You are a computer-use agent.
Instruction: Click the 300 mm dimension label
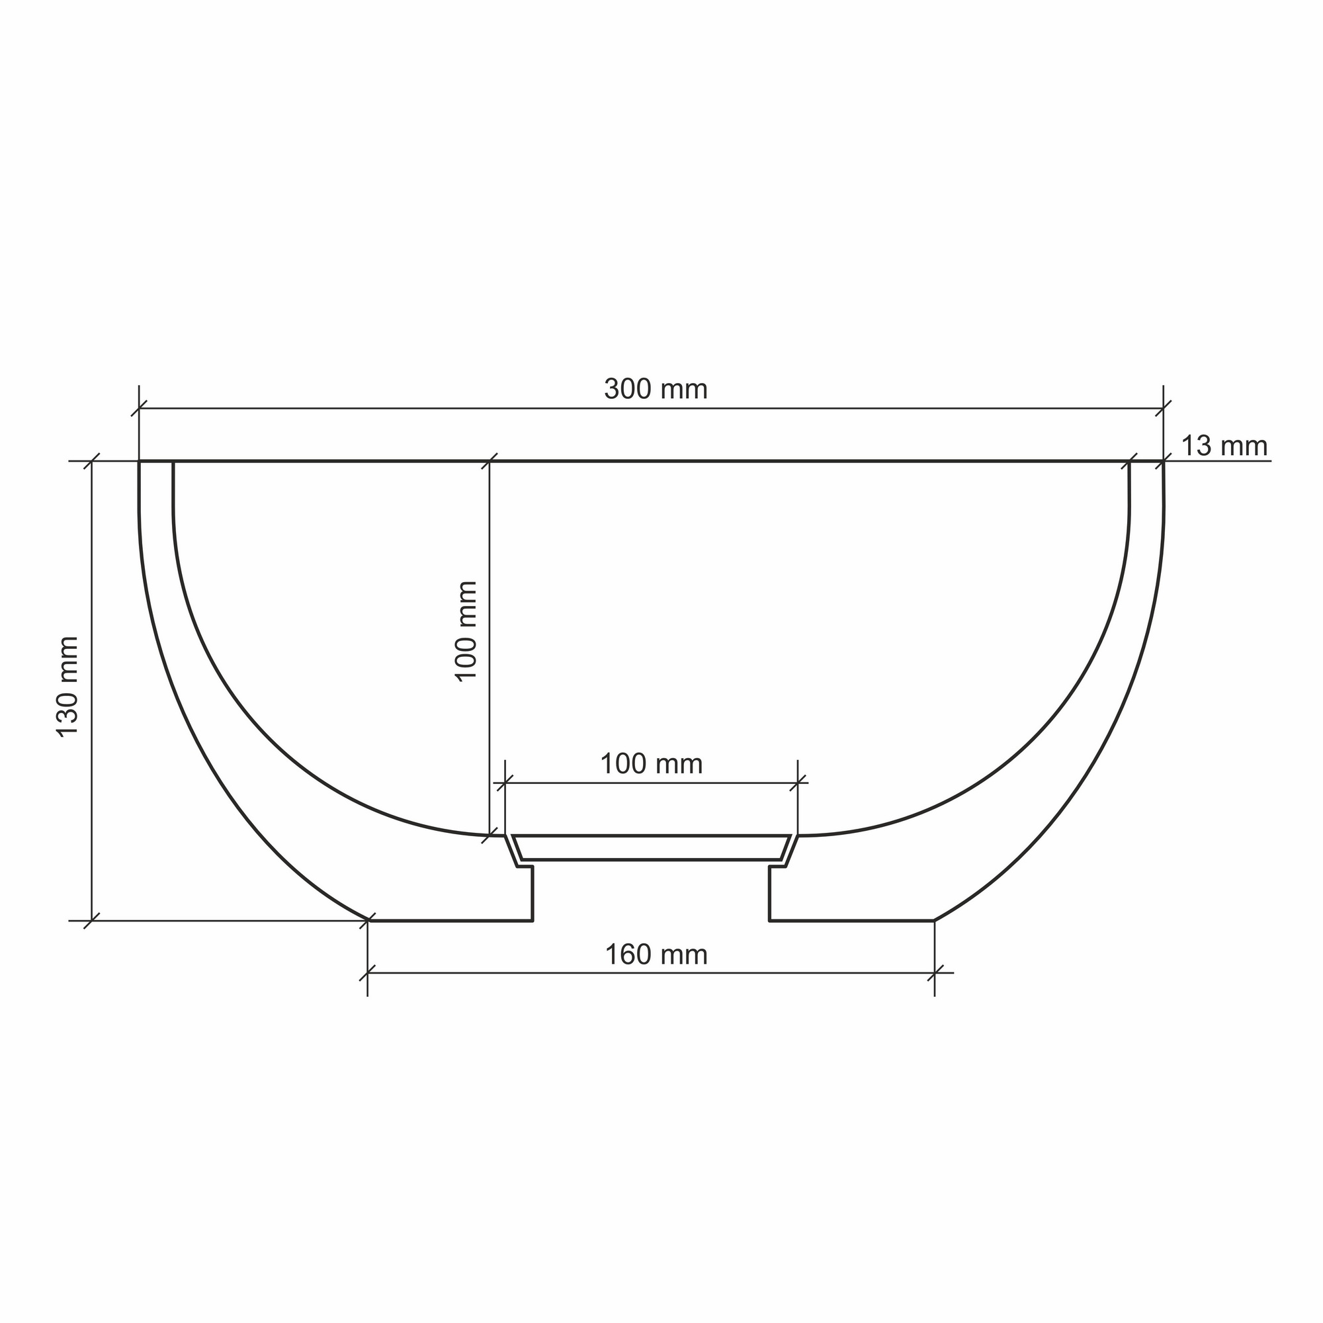[x=656, y=390]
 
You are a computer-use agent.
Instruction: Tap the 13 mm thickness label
[x=1224, y=447]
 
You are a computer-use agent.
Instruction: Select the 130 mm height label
[x=67, y=686]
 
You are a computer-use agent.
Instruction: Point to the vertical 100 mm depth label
[x=466, y=630]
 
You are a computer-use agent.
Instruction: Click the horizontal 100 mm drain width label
[x=651, y=764]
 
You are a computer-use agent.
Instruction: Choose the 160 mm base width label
[x=656, y=955]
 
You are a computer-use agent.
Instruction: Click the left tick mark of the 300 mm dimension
[x=139, y=409]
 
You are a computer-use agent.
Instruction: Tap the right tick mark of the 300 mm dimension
[x=1163, y=409]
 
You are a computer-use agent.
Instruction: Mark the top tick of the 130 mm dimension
[x=92, y=461]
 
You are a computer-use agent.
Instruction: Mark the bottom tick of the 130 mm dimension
[x=92, y=921]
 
